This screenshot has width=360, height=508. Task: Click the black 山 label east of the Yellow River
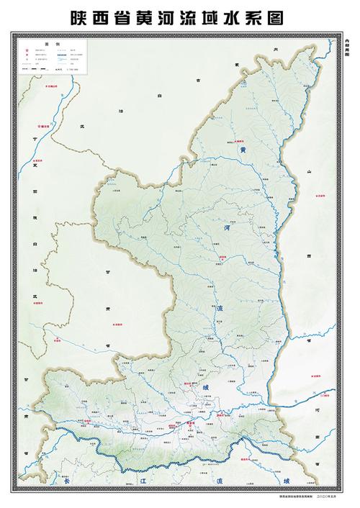coord(308,173)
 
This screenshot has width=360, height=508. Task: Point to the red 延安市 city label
coord(223,256)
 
